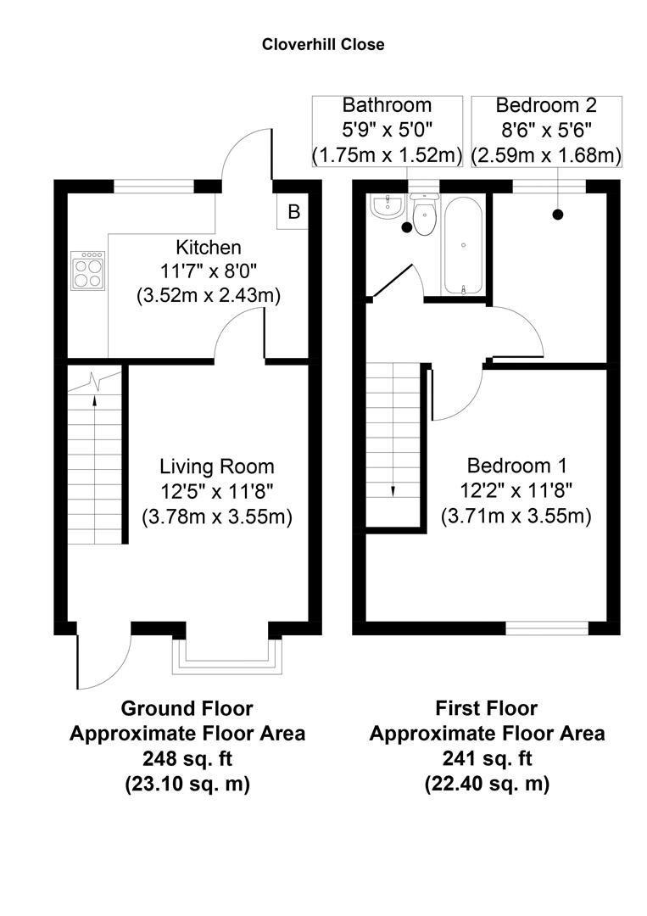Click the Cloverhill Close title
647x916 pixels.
pyautogui.click(x=323, y=44)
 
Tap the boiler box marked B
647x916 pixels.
pyautogui.click(x=293, y=212)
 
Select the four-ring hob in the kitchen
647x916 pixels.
pyautogui.click(x=88, y=270)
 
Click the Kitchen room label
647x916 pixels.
pyautogui.click(x=209, y=248)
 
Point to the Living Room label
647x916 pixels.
pyautogui.click(x=217, y=466)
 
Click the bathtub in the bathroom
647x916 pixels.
pyautogui.click(x=464, y=245)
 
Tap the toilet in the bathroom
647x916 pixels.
pyautogui.click(x=424, y=215)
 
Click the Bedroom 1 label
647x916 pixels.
pyautogui.click(x=516, y=466)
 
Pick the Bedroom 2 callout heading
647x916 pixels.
pyautogui.click(x=546, y=105)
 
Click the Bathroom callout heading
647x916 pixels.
pyautogui.click(x=387, y=105)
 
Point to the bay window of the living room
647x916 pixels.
pyautogui.click(x=226, y=655)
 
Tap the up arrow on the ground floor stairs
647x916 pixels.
pyautogui.click(x=95, y=383)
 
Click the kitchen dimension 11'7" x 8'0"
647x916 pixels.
pyautogui.click(x=209, y=271)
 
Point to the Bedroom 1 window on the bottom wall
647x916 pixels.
pyautogui.click(x=547, y=628)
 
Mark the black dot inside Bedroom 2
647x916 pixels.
pyautogui.click(x=558, y=215)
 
